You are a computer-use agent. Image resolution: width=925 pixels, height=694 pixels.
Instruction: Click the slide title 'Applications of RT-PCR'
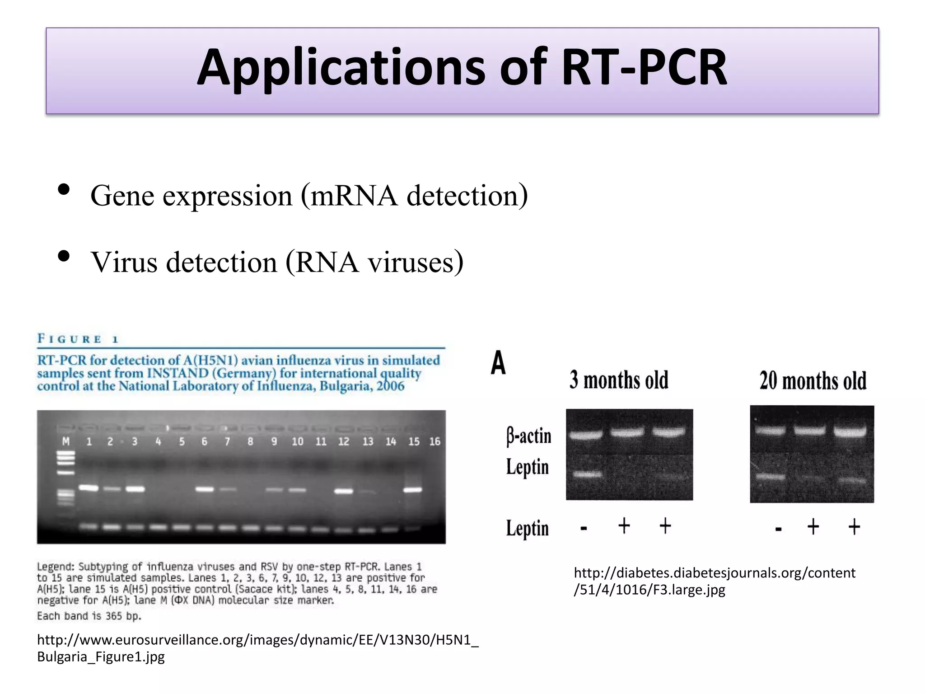[462, 68]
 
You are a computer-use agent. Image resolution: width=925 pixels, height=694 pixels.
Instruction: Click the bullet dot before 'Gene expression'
[64, 190]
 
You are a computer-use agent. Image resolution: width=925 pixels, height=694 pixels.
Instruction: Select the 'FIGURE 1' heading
[78, 339]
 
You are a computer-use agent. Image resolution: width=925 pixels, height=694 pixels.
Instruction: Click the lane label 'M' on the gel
[66, 441]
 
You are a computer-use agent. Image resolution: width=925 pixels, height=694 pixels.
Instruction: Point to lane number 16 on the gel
[434, 441]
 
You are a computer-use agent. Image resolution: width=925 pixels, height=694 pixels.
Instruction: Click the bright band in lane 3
[135, 489]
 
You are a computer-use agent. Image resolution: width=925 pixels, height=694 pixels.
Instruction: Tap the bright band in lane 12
[344, 491]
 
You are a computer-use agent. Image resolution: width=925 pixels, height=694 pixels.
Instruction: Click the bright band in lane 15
[413, 490]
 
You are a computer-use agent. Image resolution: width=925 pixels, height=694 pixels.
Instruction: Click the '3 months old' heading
[619, 380]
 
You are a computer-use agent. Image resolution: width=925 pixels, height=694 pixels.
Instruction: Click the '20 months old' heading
[813, 381]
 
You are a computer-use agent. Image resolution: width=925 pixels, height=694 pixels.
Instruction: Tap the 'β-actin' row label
[528, 436]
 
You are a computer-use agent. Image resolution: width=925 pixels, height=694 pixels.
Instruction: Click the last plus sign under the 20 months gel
[854, 527]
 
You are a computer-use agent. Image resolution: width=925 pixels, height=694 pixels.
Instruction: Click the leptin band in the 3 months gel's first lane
[587, 474]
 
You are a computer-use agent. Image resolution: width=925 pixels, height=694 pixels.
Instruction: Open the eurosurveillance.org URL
[257, 648]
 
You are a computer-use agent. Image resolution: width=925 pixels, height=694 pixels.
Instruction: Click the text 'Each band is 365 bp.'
[89, 616]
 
